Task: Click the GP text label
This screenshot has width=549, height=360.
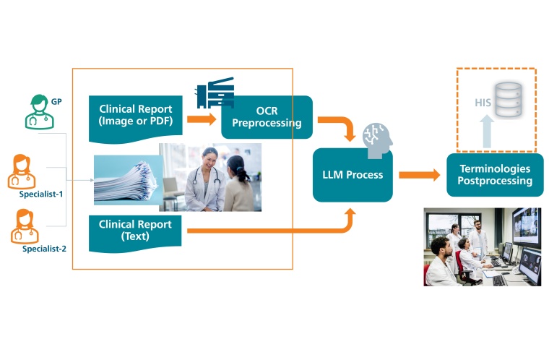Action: tap(56, 102)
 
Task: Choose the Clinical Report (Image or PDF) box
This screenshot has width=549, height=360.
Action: tap(136, 116)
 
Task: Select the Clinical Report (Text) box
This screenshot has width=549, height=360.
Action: tap(135, 230)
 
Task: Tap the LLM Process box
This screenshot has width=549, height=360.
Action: tap(353, 174)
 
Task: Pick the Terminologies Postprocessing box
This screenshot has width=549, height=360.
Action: tap(494, 175)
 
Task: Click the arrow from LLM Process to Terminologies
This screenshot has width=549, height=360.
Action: tap(419, 174)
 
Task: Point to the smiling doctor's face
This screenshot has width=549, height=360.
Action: tap(209, 157)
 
